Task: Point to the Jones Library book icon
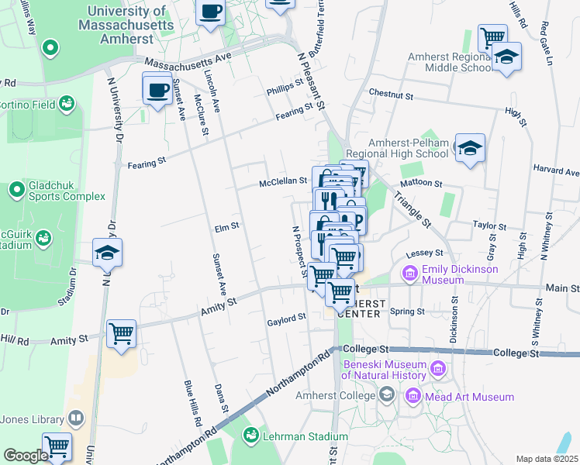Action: [x=76, y=419]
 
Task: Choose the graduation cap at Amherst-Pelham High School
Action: [x=469, y=147]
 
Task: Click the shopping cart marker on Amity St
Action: [x=121, y=334]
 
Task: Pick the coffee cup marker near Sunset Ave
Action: [x=157, y=88]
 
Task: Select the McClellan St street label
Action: [x=283, y=181]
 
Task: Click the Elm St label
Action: [x=227, y=227]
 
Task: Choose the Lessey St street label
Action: [x=424, y=253]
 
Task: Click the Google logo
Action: [x=26, y=456]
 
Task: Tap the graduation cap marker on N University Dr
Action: [x=108, y=252]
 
